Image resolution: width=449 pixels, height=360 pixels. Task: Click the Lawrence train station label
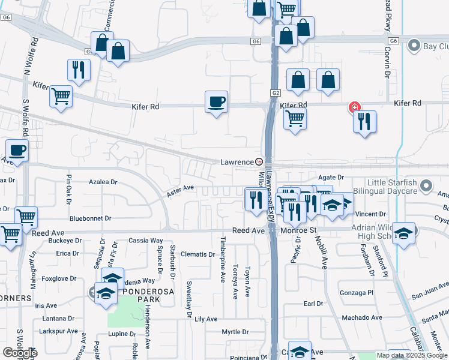(x=238, y=162)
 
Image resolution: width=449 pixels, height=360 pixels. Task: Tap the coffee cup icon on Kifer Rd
(x=216, y=102)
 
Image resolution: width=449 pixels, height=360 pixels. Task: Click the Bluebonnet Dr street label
(x=90, y=219)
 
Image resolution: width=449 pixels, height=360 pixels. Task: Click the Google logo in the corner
(x=19, y=353)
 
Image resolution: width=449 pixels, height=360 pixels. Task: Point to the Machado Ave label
(x=361, y=317)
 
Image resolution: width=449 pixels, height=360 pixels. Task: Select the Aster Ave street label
(x=181, y=188)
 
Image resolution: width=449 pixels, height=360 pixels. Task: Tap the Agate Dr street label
(x=331, y=178)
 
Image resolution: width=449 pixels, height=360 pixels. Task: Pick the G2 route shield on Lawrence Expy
(x=276, y=93)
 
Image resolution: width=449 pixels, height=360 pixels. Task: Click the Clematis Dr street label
(x=197, y=254)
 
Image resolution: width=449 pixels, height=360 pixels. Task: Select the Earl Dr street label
(x=313, y=304)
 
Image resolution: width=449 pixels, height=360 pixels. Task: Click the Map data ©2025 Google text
(x=412, y=355)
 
